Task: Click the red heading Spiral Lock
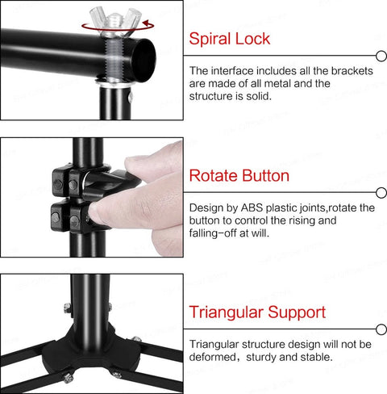(229, 39)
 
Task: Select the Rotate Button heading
(239, 175)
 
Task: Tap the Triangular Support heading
(257, 312)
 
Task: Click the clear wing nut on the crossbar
(115, 20)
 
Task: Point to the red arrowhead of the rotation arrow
(146, 23)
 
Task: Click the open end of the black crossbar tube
(144, 60)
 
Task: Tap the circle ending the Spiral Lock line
(381, 56)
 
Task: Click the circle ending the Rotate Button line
(381, 193)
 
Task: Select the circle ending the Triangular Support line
(381, 329)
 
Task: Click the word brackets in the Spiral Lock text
(352, 71)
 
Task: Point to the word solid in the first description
(258, 96)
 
